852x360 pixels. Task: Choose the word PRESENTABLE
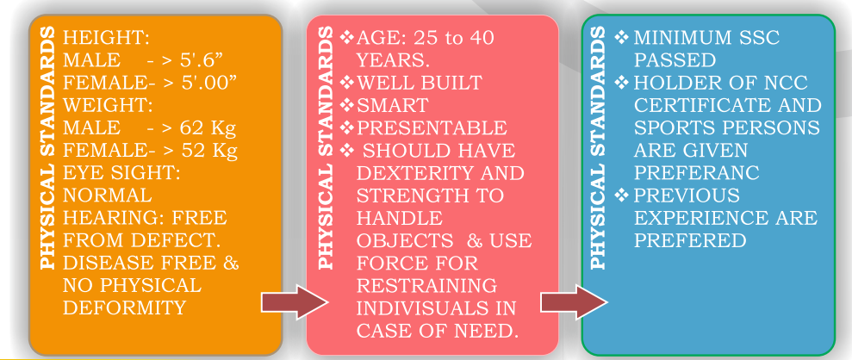point(432,128)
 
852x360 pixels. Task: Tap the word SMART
point(392,106)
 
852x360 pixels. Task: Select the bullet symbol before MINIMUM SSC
point(623,39)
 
